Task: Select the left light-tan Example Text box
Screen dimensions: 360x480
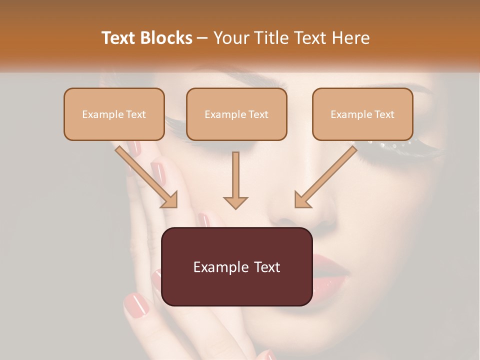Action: point(114,114)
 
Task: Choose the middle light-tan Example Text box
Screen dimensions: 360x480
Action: point(236,114)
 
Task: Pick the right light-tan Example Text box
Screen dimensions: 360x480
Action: point(362,114)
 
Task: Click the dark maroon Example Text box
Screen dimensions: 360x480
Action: point(236,266)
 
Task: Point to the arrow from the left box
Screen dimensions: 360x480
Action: point(146,176)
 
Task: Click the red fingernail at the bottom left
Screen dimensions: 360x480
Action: point(136,304)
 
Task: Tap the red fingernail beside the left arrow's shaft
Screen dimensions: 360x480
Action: point(159,172)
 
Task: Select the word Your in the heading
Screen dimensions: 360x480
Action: point(231,38)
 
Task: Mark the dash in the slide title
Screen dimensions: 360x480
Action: point(203,38)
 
